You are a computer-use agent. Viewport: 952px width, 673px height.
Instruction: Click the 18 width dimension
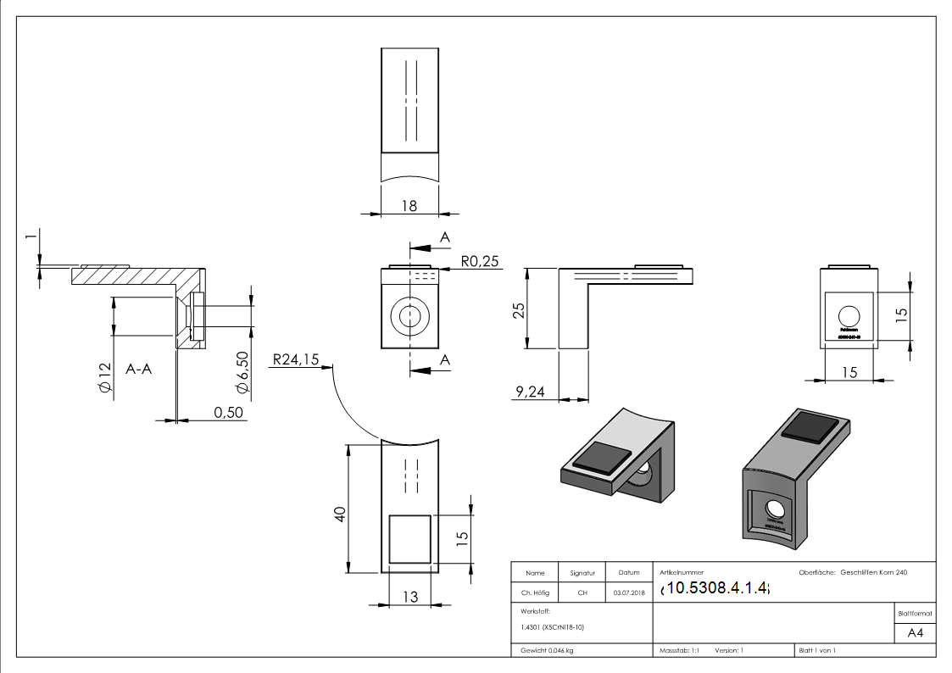pos(409,205)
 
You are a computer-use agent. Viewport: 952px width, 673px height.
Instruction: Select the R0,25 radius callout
pos(480,262)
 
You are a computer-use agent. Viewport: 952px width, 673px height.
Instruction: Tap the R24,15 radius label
pos(295,359)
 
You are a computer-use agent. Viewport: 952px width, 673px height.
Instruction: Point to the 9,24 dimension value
pos(531,391)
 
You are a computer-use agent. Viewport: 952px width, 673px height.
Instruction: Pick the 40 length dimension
pos(339,514)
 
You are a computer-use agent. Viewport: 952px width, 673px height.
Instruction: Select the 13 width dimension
pos(409,597)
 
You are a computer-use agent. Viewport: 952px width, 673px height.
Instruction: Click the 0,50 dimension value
pos(228,412)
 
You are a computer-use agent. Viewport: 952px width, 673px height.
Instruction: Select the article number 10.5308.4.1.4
pos(716,587)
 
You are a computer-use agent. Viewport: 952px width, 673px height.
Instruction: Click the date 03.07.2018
pos(628,593)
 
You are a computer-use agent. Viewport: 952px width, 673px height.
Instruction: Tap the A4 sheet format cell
pos(915,633)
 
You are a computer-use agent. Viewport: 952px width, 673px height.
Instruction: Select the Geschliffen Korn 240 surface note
pos(873,573)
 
